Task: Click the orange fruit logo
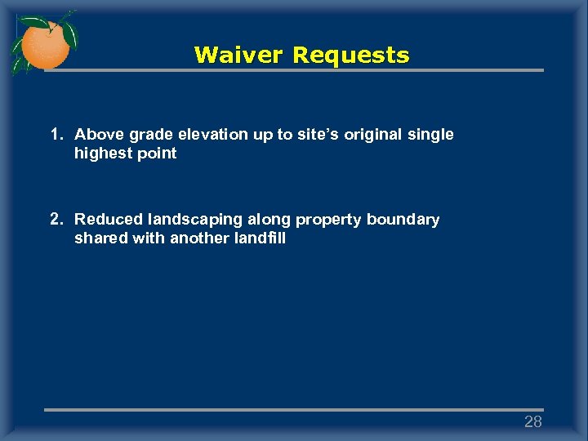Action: click(44, 42)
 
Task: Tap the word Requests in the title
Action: click(351, 56)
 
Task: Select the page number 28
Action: click(532, 421)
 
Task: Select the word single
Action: click(431, 134)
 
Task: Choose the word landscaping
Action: click(196, 220)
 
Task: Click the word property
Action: click(328, 220)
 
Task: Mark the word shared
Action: click(97, 238)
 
